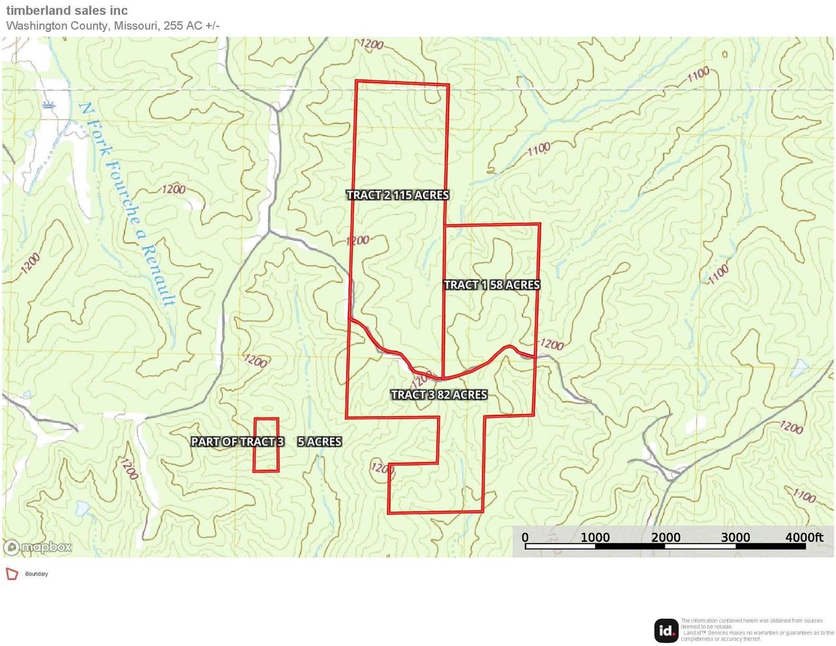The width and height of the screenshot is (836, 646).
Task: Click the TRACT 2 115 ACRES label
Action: [397, 195]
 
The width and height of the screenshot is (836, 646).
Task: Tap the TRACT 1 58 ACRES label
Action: [491, 285]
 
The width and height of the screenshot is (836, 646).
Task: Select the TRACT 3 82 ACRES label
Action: [438, 395]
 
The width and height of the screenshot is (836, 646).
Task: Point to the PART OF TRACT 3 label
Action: [237, 442]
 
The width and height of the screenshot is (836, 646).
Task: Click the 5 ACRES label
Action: [319, 442]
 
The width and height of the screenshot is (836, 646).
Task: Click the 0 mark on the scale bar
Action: [525, 538]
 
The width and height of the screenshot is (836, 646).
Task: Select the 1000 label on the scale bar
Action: [595, 538]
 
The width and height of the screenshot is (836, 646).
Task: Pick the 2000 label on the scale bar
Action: [666, 538]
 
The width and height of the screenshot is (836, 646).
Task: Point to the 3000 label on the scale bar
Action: [735, 538]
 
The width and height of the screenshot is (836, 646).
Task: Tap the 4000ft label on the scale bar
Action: [804, 538]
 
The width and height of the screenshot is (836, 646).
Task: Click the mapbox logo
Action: [38, 547]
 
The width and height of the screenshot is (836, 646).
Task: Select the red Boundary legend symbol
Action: [12, 573]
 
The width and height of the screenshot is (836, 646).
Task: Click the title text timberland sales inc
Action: [67, 10]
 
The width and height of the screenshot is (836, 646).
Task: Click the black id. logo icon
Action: [666, 630]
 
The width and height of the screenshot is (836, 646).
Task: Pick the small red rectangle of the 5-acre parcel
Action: [266, 445]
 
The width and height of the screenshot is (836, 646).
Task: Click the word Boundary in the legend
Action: [37, 574]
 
